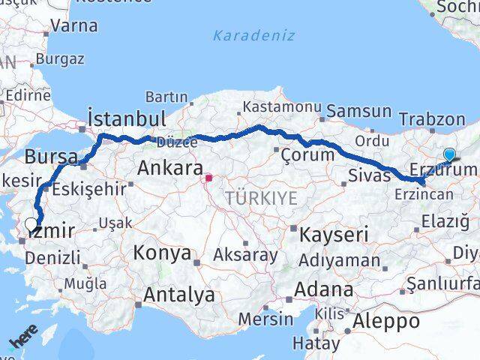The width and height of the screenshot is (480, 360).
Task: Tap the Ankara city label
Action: pos(167,169)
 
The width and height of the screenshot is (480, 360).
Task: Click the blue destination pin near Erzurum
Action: pos(449,155)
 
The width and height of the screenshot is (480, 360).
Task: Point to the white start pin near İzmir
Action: pos(31,223)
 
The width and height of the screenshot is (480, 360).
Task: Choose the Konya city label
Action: pos(163,253)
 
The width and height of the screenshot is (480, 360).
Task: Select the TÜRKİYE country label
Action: pos(260,198)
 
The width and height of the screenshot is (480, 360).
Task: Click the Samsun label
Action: pos(359,111)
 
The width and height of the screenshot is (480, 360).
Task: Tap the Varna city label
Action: pos(74,25)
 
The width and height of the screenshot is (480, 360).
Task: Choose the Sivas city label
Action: pos(369,175)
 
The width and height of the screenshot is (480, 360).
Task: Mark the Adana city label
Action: pos(325,289)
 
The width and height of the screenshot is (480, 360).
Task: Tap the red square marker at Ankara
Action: pos(210,178)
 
